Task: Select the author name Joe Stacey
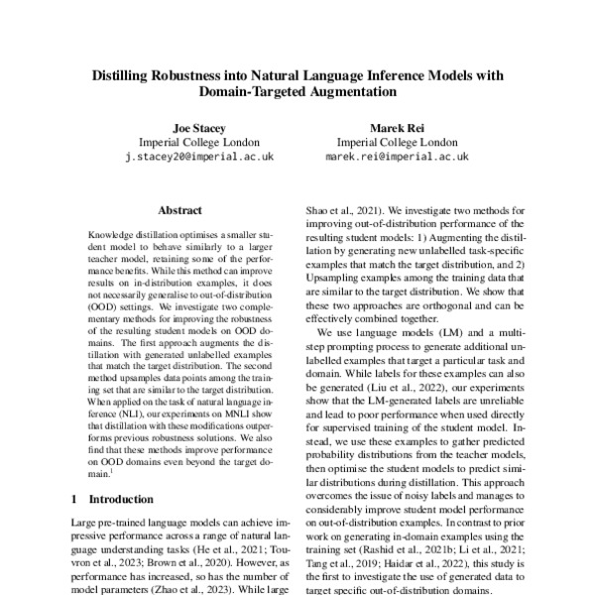(199, 129)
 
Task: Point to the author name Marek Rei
(397, 129)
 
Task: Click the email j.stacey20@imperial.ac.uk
(199, 157)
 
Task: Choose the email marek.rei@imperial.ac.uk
(397, 157)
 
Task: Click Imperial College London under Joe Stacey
(199, 143)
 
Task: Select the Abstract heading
(179, 210)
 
